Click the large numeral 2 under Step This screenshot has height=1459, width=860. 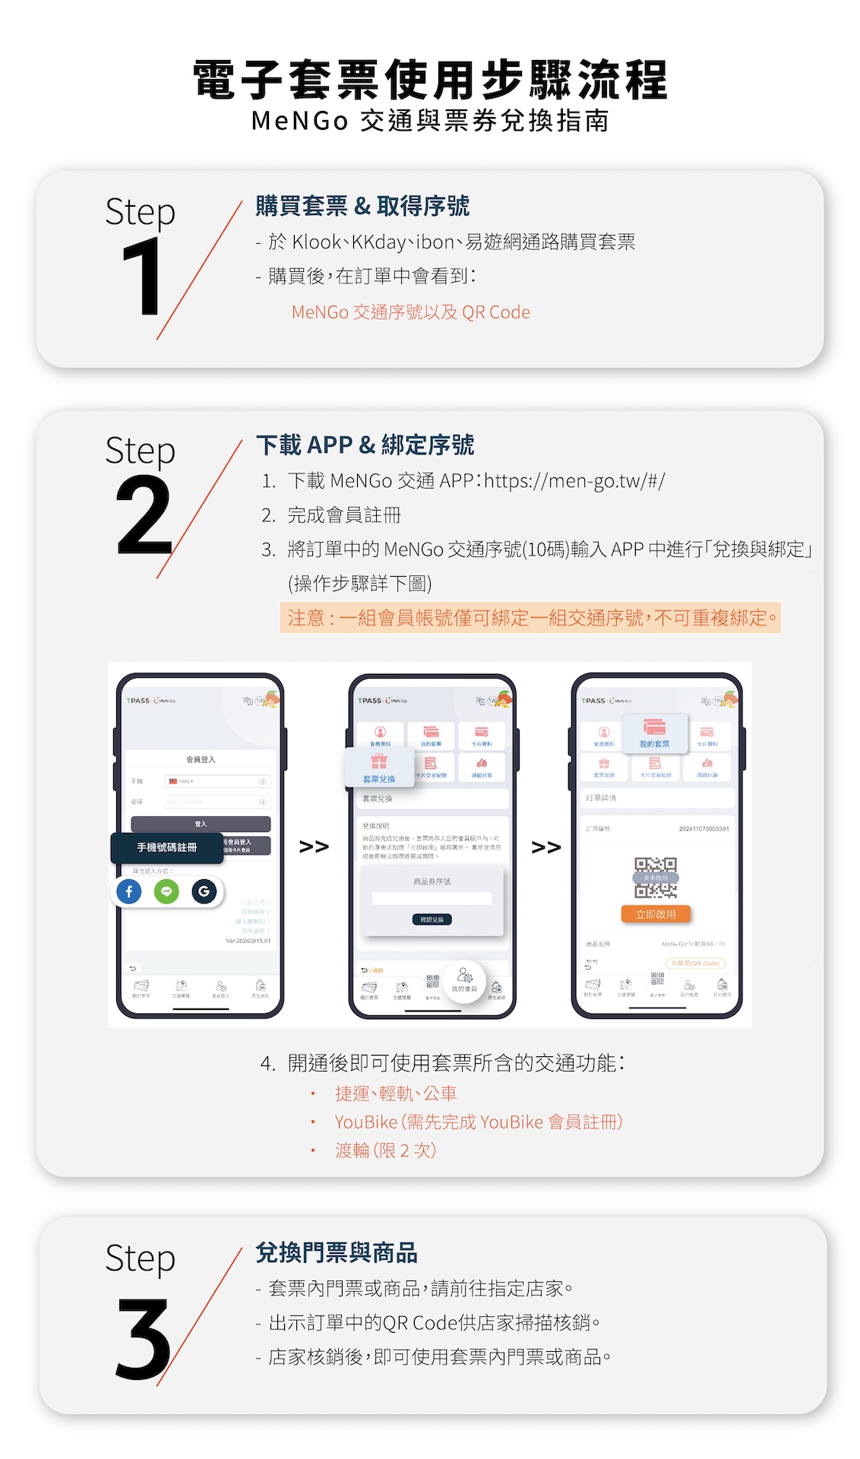tap(144, 516)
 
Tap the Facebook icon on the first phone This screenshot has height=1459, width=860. tap(129, 891)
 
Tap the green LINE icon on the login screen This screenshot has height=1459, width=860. tap(166, 891)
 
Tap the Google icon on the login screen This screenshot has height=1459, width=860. tap(204, 891)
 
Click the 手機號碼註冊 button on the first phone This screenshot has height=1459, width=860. tap(167, 847)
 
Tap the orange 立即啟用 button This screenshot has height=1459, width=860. tap(656, 914)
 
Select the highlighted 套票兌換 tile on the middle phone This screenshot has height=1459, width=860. tap(378, 768)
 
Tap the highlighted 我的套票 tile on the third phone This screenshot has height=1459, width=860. tap(654, 733)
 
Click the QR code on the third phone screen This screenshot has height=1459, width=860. tap(656, 878)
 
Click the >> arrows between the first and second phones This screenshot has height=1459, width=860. tap(314, 847)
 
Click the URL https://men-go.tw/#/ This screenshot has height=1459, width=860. tap(574, 481)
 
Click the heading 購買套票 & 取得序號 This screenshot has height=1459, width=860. tap(362, 206)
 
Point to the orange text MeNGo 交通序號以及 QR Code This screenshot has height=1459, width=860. tap(410, 312)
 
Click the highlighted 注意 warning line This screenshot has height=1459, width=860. tap(530, 618)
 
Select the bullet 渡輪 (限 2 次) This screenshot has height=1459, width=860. tap(385, 1150)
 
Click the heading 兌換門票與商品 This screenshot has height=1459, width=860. tap(336, 1252)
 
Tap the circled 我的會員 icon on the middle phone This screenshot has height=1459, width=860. tap(464, 981)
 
